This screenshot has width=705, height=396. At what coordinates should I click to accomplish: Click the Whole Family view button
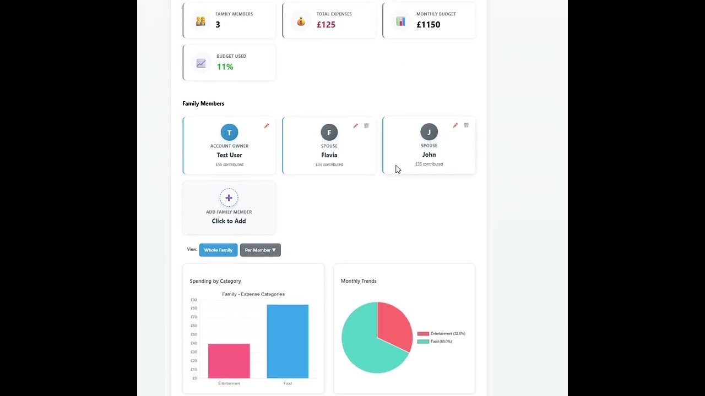[218, 250]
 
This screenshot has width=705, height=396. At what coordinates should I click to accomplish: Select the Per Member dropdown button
[260, 250]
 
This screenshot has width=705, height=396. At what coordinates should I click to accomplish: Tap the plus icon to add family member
[229, 198]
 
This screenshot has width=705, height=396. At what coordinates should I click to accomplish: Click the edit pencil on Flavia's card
[355, 126]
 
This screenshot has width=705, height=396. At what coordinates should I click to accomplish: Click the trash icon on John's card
[466, 125]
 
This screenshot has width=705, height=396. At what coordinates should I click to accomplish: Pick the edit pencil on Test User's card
[267, 126]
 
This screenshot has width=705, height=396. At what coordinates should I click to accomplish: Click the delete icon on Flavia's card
[366, 126]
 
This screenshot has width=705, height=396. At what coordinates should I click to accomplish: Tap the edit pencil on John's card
[455, 125]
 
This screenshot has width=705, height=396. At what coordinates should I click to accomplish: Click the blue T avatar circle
[229, 133]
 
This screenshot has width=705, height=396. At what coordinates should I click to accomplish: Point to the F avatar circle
[329, 133]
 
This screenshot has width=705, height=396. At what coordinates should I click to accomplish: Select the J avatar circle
[429, 132]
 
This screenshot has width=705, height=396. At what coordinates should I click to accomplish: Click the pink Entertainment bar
[229, 361]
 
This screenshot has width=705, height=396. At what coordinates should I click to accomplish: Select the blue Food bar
[288, 341]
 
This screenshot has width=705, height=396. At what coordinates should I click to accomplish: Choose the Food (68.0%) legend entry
[435, 342]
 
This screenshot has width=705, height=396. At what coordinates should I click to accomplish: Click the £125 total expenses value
[326, 25]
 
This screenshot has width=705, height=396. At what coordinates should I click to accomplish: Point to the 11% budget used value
[225, 67]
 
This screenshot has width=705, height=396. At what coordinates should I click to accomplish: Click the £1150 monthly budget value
[428, 25]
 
